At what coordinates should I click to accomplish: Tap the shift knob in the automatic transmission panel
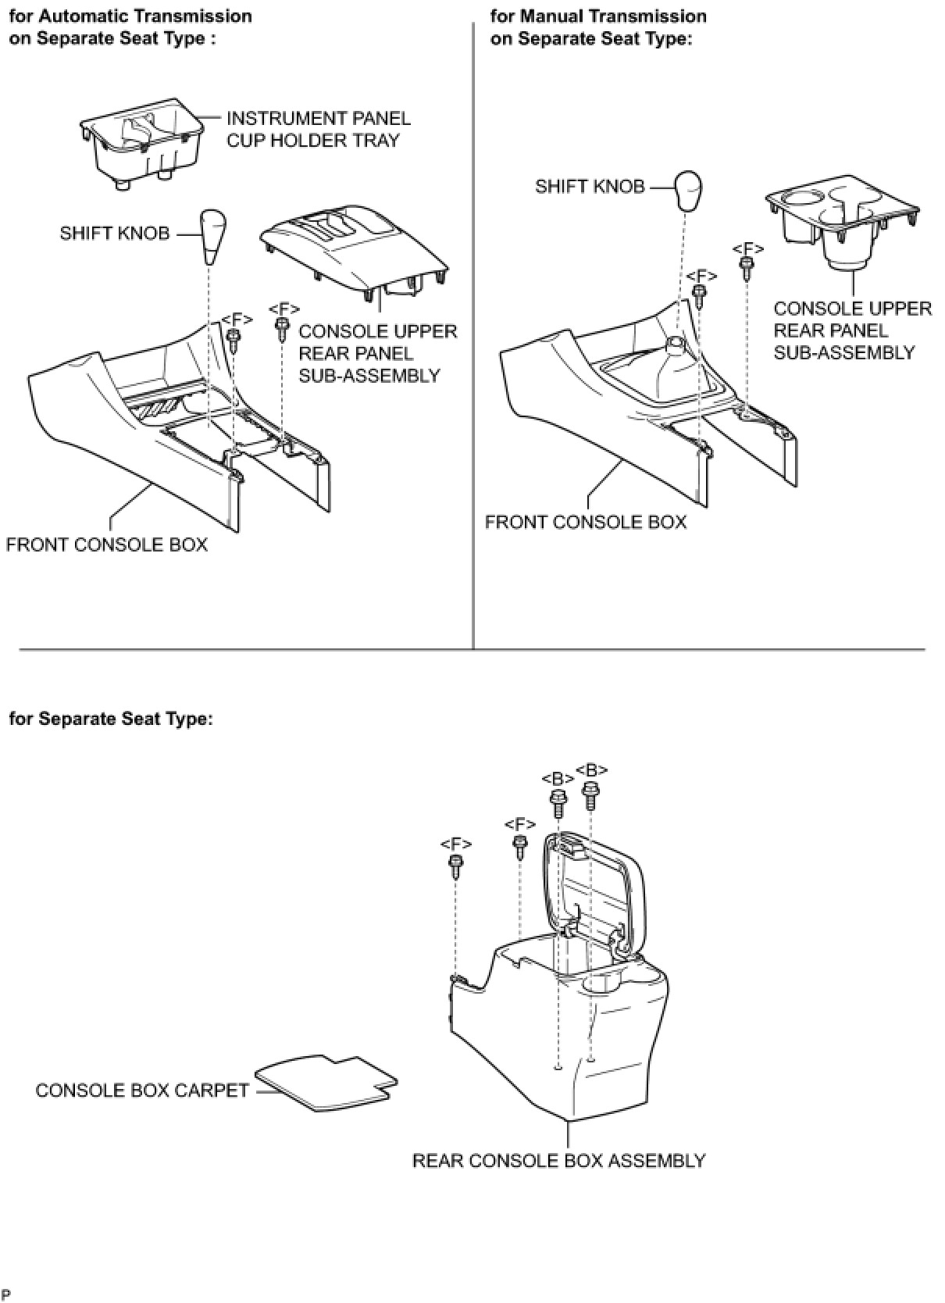click(x=212, y=235)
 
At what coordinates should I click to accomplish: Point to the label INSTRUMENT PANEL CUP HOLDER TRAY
click(x=318, y=130)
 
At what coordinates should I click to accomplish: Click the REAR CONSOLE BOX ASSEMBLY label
click(x=558, y=1161)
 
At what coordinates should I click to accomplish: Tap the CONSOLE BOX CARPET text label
click(x=142, y=1091)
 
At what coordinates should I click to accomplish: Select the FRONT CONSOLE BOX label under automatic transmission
click(x=107, y=544)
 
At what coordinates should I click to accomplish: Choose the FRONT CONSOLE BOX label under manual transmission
click(x=585, y=522)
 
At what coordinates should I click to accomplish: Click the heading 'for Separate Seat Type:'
click(x=111, y=719)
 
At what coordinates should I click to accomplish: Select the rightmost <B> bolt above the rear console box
click(x=591, y=795)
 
